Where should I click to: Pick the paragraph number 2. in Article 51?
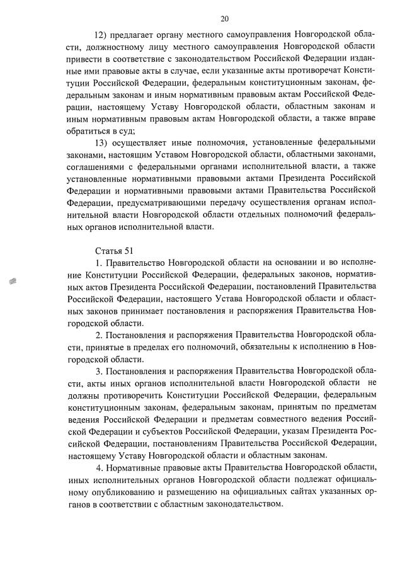(x=100, y=334)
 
